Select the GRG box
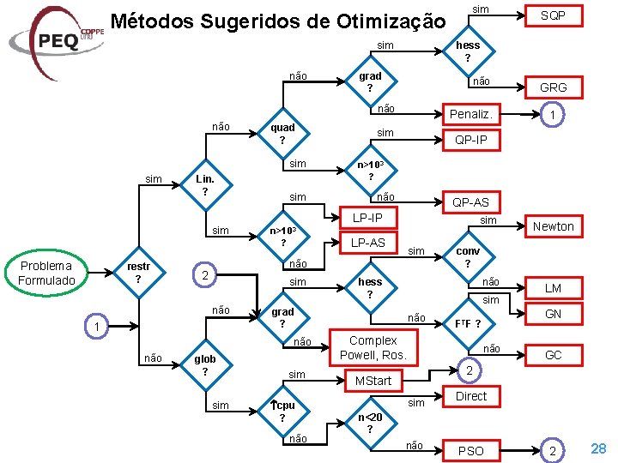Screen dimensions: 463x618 553,87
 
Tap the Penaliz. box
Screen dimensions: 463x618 470,113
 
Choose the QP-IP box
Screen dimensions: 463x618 470,140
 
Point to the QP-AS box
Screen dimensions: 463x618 470,201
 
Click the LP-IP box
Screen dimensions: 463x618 367,219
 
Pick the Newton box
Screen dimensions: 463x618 553,225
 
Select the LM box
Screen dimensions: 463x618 553,288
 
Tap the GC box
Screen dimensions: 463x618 553,354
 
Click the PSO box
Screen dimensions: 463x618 470,450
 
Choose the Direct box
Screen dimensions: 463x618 470,396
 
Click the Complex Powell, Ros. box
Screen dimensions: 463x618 373,347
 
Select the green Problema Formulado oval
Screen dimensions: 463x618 46,273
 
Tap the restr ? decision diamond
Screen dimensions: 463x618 138,273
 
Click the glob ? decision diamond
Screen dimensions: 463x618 204,365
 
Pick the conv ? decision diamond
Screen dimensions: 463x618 467,257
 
